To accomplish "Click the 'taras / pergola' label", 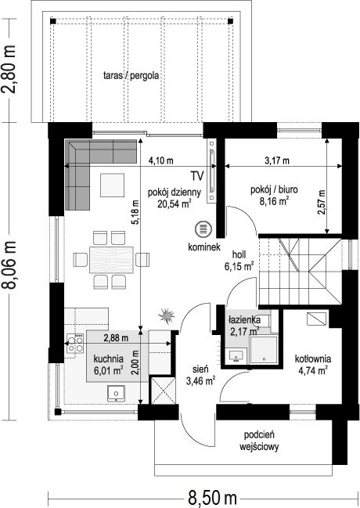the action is [x=131, y=75].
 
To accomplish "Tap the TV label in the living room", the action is [x=197, y=176].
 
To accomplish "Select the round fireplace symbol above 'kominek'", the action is [x=203, y=229].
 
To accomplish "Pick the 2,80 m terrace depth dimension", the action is [x=9, y=69].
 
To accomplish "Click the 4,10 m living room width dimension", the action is [x=160, y=160].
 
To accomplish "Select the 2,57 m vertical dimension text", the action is [x=321, y=202].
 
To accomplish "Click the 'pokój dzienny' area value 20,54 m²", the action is [x=174, y=204].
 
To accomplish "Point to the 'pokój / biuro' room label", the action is [x=274, y=189].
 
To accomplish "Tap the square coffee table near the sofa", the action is [x=112, y=185].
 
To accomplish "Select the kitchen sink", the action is [x=116, y=394].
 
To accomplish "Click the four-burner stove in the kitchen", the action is [x=75, y=344].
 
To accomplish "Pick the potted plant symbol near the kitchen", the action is [x=167, y=315].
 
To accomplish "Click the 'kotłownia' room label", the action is [x=313, y=359].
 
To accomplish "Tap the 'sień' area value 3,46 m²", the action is [x=201, y=381].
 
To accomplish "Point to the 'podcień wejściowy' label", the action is [x=259, y=441].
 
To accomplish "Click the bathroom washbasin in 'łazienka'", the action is [x=237, y=356].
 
